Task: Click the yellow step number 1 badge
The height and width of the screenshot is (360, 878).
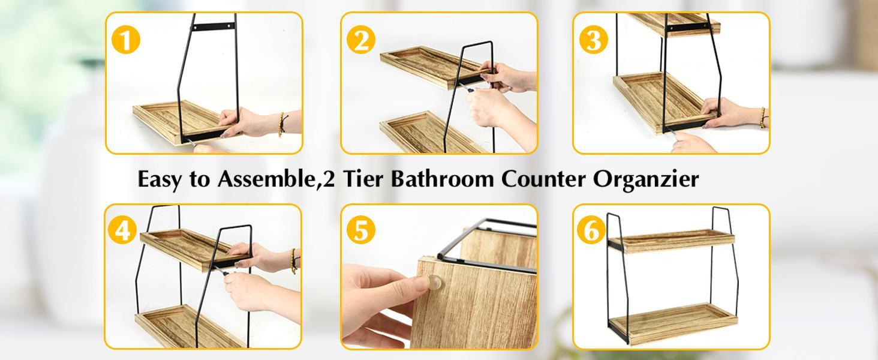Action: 126,41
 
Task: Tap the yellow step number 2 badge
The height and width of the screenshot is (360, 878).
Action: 361,41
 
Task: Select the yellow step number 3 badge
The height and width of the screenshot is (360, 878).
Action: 594,41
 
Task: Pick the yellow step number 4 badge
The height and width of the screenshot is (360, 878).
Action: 123,231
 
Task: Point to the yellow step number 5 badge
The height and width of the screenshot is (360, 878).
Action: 360,231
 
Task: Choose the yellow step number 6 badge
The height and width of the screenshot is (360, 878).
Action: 591,231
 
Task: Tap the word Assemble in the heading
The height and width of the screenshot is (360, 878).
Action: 266,179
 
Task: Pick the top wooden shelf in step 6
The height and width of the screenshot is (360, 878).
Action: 672,239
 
